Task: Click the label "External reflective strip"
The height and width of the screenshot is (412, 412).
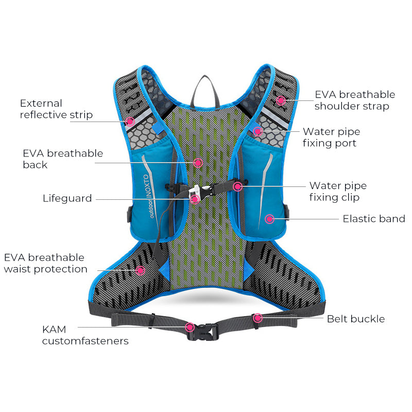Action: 56,109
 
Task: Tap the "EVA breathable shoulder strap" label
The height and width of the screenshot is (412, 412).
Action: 355,100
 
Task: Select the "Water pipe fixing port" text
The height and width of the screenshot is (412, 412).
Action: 331,138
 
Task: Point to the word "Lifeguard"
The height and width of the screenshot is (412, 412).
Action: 67,198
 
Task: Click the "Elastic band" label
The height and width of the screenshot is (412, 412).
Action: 374,219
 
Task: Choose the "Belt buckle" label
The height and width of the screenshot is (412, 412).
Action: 356,319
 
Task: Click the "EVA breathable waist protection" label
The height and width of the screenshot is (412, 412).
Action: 45,263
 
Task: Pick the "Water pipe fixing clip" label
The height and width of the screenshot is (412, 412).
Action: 338,191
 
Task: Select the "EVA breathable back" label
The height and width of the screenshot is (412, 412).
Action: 63,159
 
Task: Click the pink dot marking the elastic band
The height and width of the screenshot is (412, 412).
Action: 269,219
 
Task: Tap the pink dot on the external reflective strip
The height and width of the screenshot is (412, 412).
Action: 130,122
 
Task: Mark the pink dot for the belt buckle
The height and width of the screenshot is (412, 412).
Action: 257,318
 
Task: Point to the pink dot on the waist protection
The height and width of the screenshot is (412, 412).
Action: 140,269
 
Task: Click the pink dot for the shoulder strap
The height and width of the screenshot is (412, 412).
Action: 281,100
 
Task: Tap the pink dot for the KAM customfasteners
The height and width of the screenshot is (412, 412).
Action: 190,327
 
